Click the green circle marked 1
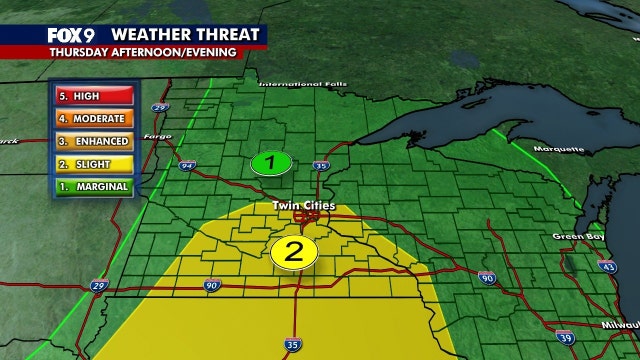click(x=270, y=162)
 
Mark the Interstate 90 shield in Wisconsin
click(x=487, y=277)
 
